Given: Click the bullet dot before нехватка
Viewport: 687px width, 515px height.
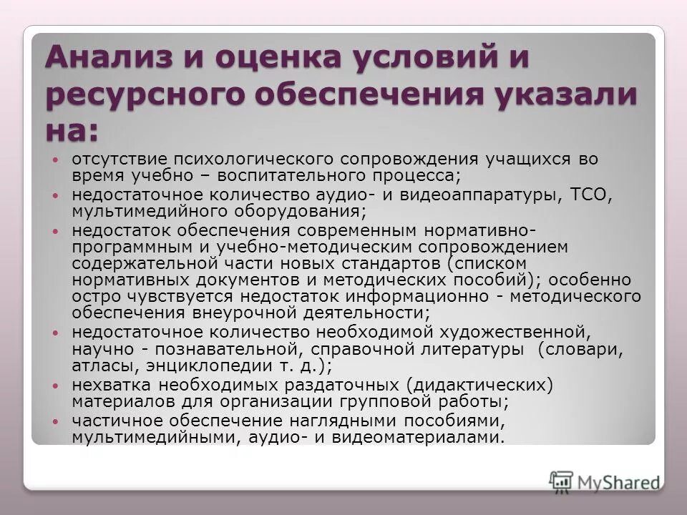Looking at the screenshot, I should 57,385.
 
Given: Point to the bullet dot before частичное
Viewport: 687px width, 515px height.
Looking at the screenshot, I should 57,420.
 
